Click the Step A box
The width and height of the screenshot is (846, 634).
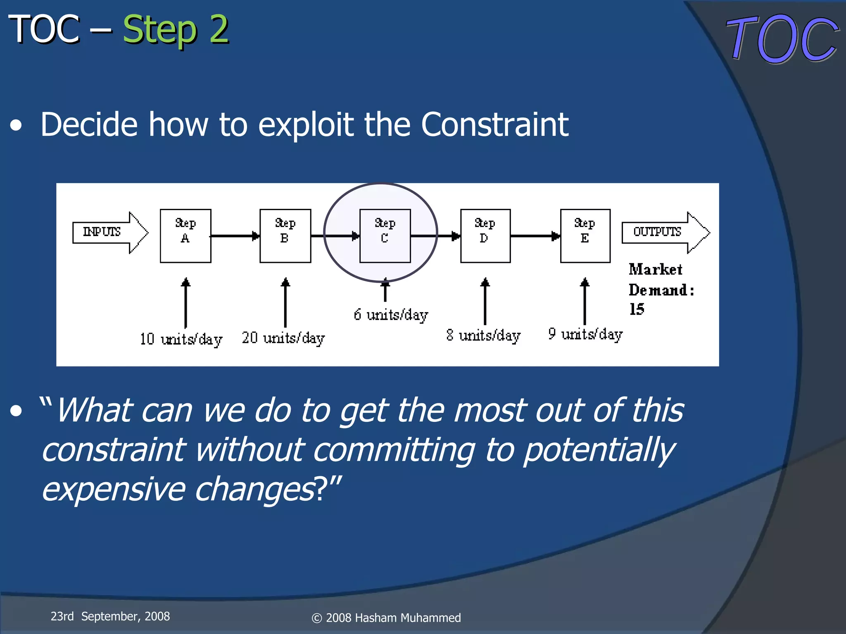coord(185,236)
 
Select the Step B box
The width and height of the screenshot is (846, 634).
coord(285,236)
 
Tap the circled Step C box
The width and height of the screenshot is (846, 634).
coord(385,236)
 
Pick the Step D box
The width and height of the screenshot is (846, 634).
coord(485,236)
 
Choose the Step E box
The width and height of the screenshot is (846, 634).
coord(585,236)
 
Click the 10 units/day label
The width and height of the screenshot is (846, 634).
coord(181,339)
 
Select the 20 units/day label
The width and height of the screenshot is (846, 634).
coord(283,338)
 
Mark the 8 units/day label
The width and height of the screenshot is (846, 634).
coord(483,336)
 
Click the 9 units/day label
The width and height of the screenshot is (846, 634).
coord(585,334)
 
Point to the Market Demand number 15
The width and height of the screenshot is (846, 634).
coord(637,309)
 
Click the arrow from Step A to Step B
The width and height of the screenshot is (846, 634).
coord(235,236)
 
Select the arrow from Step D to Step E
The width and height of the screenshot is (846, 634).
coord(535,236)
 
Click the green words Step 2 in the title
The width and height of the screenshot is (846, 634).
coord(176,30)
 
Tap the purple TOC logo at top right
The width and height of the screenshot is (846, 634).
coord(782,39)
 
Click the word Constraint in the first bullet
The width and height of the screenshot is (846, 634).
coord(494,124)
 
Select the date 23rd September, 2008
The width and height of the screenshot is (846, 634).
coord(110,616)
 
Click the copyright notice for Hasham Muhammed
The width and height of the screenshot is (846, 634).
coord(386,618)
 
